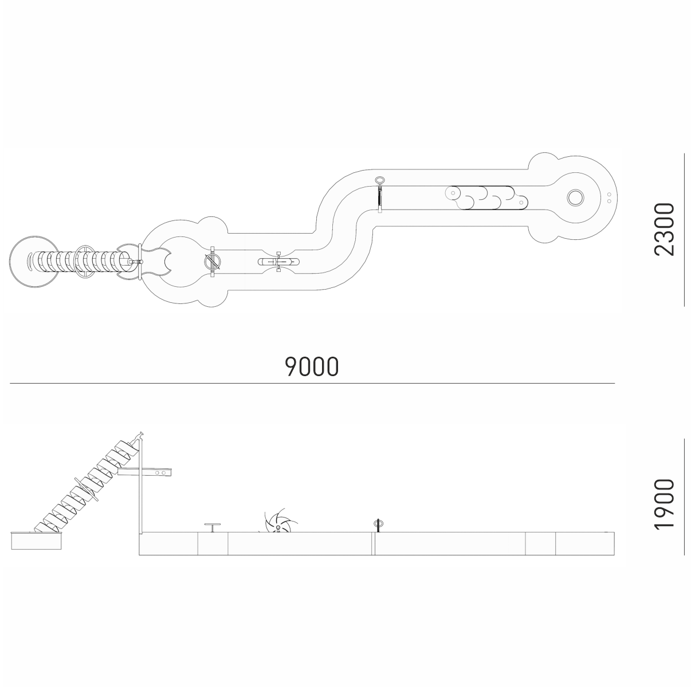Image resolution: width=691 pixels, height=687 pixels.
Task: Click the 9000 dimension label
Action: tap(311, 366)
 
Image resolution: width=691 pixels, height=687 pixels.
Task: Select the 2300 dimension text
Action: tap(664, 230)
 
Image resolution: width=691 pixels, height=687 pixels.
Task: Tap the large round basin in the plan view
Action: tap(34, 262)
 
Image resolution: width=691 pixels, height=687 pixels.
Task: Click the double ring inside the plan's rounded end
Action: tap(575, 198)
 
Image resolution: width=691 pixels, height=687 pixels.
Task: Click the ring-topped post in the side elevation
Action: tap(378, 524)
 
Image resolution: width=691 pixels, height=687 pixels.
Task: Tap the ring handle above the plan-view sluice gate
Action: tap(379, 180)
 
